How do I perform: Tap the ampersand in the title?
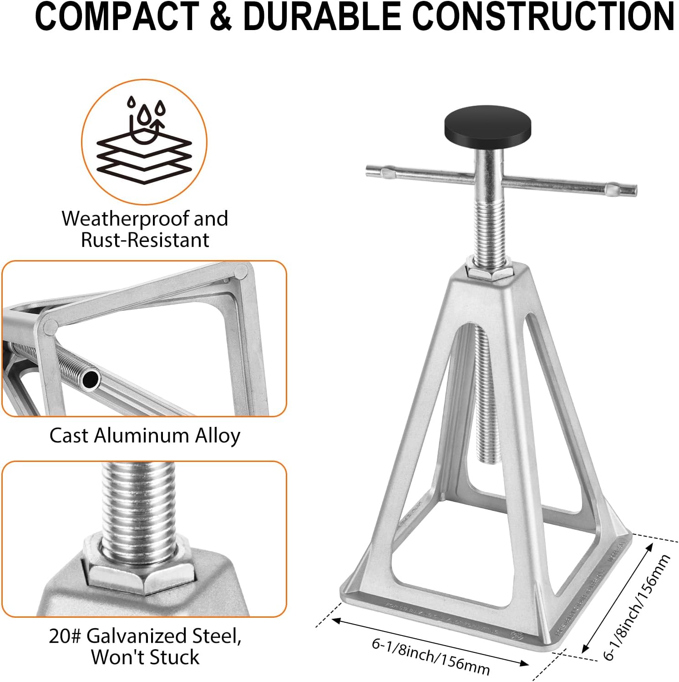[x=221, y=17]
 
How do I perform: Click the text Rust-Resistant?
[x=145, y=240]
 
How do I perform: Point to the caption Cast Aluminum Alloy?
[x=145, y=436]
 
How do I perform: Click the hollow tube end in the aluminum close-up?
[x=91, y=379]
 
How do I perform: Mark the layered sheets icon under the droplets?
[x=144, y=157]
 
